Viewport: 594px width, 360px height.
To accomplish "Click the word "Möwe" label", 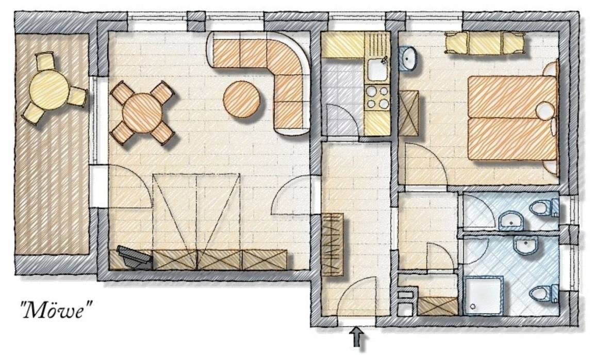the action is click(x=56, y=309).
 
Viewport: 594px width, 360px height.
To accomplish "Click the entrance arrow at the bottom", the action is click(x=358, y=336).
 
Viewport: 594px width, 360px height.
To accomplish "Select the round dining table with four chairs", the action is click(x=142, y=112).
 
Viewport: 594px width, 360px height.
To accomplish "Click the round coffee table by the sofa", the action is click(x=242, y=100).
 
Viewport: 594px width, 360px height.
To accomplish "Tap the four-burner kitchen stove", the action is click(x=377, y=98).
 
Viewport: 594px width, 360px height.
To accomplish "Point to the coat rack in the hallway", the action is click(x=332, y=245).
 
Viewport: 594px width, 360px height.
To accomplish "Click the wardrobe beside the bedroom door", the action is click(x=408, y=113).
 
